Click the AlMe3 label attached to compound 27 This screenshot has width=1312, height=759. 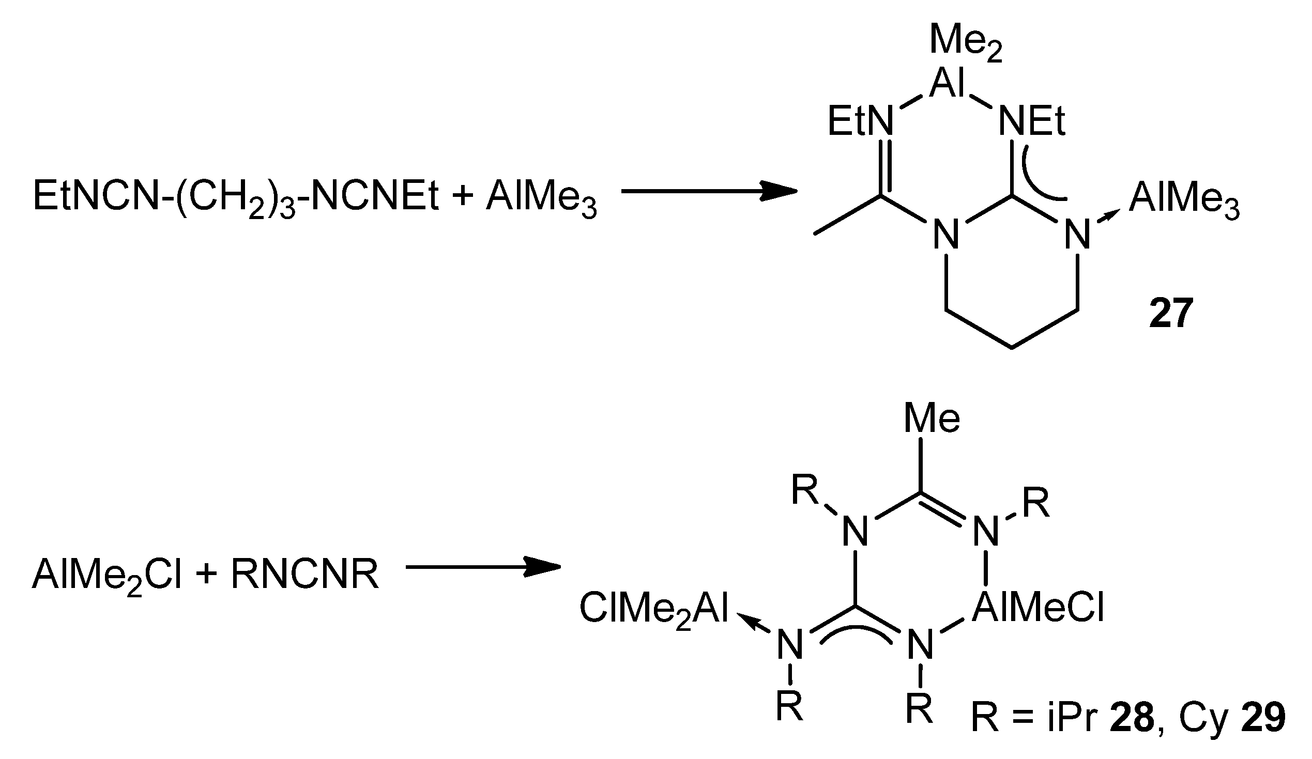click(1184, 200)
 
